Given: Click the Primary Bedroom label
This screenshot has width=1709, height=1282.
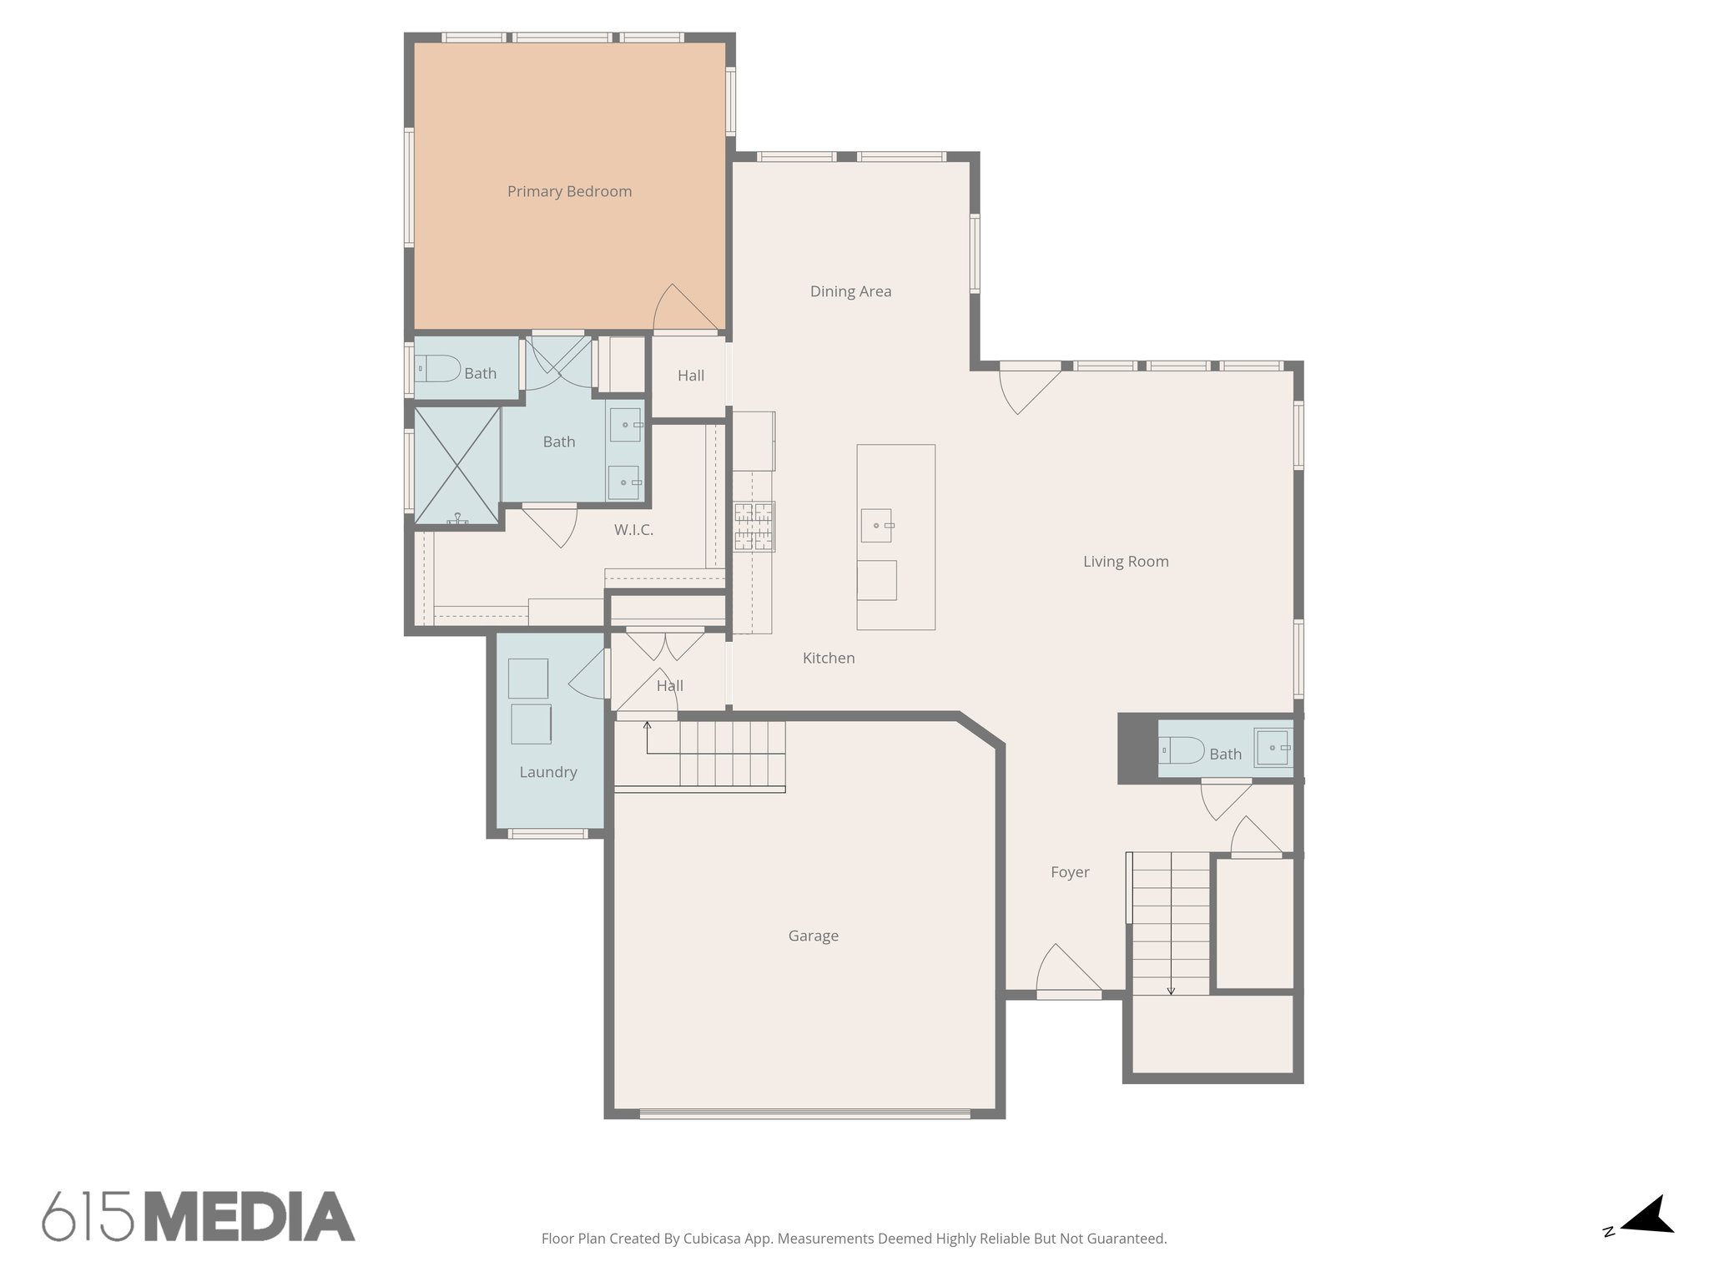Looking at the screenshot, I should pyautogui.click(x=569, y=192).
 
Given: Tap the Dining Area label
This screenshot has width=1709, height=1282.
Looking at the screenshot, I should pyautogui.click(x=850, y=292).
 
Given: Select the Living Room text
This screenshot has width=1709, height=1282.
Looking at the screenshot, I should pyautogui.click(x=1126, y=562).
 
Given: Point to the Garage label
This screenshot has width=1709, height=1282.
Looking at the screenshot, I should pyautogui.click(x=813, y=936).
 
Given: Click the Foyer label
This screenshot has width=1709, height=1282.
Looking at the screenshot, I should pyautogui.click(x=1070, y=873).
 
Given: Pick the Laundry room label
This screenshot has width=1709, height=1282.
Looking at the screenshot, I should pyautogui.click(x=547, y=773).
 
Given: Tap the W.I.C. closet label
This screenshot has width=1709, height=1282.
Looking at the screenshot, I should pyautogui.click(x=633, y=530).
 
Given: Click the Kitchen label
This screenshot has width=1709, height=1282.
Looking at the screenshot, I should pyautogui.click(x=829, y=659).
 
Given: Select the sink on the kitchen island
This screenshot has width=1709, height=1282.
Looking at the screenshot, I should pyautogui.click(x=876, y=525).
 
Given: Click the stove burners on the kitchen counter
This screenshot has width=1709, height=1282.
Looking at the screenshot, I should pyautogui.click(x=754, y=527).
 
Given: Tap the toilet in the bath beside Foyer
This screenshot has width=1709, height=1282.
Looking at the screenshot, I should pyautogui.click(x=1182, y=750).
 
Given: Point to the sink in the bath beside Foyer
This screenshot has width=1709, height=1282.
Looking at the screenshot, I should pyautogui.click(x=1273, y=748).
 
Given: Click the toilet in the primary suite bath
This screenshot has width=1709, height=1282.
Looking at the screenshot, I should pyautogui.click(x=438, y=368).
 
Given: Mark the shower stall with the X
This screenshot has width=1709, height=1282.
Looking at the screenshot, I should pyautogui.click(x=457, y=466).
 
